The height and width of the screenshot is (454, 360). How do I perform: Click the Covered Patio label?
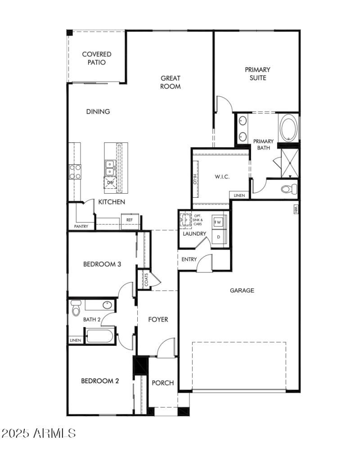[x=96, y=59]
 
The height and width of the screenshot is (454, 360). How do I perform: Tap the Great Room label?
[x=171, y=82]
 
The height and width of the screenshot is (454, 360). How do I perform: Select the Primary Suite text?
[x=257, y=74]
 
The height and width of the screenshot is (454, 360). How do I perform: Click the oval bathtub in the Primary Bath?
[x=288, y=128]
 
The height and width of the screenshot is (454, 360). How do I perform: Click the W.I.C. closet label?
[x=222, y=177]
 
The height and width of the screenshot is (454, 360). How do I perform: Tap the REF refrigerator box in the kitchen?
[x=130, y=220]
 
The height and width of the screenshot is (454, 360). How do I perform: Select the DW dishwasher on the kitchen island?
[x=110, y=182]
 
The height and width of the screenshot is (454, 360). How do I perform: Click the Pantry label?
[x=81, y=227]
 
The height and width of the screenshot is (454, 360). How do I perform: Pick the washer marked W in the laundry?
[x=218, y=222]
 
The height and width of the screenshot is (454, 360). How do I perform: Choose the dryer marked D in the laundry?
[x=219, y=237]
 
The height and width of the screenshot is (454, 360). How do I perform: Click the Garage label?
[x=242, y=291]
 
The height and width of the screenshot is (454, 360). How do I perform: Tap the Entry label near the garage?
[x=189, y=259]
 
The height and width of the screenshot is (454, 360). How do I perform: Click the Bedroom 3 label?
[x=102, y=264]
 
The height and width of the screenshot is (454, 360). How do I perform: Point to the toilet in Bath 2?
[x=76, y=309]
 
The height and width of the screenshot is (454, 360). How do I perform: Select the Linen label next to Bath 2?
[x=75, y=340]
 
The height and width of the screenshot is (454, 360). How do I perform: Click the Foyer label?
[x=158, y=319]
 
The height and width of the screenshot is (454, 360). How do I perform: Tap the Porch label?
[x=162, y=383]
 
